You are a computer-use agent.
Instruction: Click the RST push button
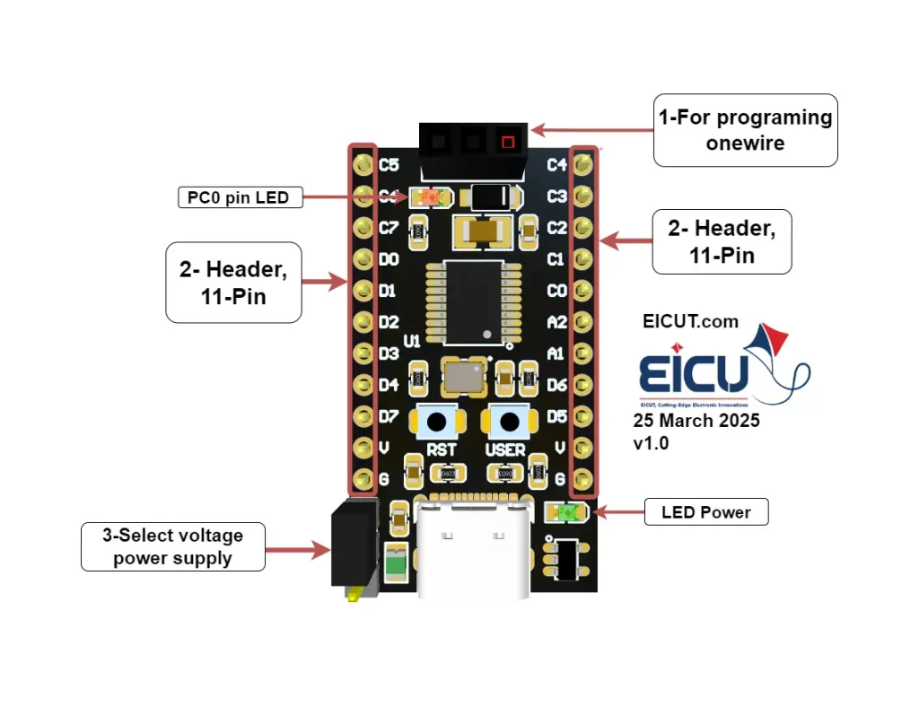pos(438,422)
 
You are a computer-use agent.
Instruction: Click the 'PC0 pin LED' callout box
pos(239,196)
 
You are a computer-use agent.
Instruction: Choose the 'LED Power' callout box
pos(706,512)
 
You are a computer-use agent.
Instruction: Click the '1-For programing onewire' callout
pos(745,130)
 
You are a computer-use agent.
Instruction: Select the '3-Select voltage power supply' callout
pos(172,546)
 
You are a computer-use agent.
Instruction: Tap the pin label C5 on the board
pos(389,165)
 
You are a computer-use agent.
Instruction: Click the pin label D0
pos(389,260)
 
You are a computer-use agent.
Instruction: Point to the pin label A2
pos(556,322)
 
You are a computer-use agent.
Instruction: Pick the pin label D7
pos(389,417)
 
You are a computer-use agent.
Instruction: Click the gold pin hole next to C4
pos(583,164)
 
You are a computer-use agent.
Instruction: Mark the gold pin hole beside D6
pos(583,385)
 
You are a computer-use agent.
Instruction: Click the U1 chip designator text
pos(412,341)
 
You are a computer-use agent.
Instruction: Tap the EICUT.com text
pos(690,321)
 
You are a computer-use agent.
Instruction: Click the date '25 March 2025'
pos(696,421)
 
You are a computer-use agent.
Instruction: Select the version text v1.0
pos(651,443)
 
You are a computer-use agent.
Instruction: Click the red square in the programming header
pos(508,141)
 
